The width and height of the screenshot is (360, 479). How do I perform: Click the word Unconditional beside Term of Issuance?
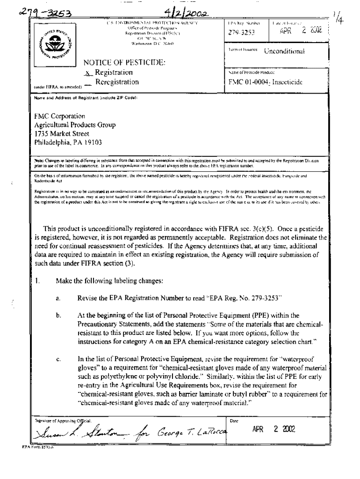284,51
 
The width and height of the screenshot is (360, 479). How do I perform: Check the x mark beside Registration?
87,73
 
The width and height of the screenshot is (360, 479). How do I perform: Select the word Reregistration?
117,82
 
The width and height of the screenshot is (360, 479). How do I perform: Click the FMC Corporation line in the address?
59,116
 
